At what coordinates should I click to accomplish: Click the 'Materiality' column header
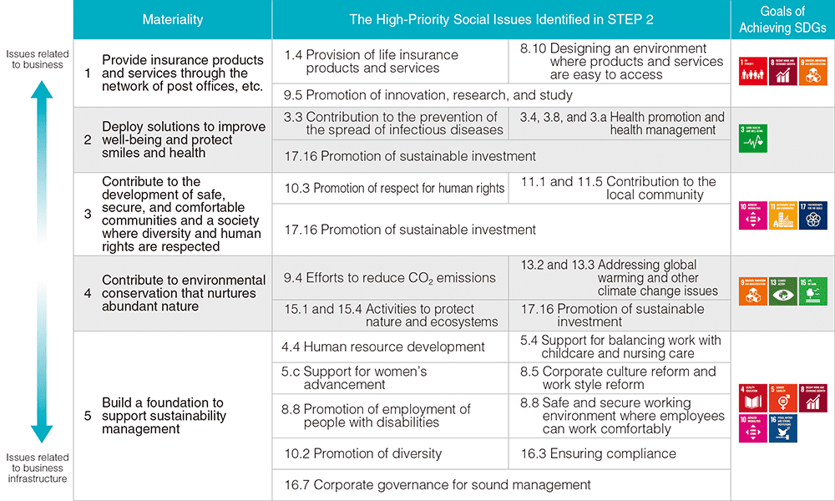click(172, 19)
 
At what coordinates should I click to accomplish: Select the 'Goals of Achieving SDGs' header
click(782, 19)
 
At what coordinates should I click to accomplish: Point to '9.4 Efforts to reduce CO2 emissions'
click(390, 278)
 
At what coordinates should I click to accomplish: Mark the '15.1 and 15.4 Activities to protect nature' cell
click(390, 315)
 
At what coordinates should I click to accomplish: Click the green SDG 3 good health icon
click(753, 139)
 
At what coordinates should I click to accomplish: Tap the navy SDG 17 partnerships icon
click(813, 215)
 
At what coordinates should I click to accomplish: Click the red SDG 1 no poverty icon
click(753, 72)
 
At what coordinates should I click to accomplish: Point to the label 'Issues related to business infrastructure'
click(37, 468)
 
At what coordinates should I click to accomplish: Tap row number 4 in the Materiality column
click(88, 293)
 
